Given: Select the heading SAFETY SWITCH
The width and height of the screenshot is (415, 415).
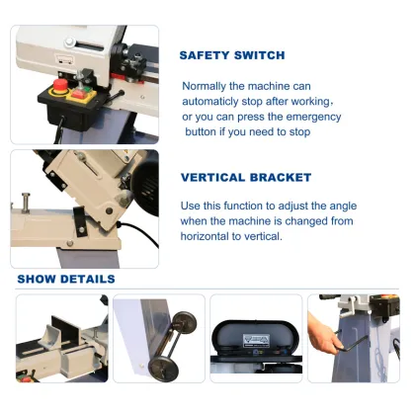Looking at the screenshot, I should (232, 55).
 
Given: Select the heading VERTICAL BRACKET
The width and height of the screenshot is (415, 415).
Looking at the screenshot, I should (246, 178).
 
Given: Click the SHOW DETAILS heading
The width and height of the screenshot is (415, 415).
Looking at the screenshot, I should (65, 279).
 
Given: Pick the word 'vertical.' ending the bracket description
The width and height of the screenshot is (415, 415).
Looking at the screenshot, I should (262, 237).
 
